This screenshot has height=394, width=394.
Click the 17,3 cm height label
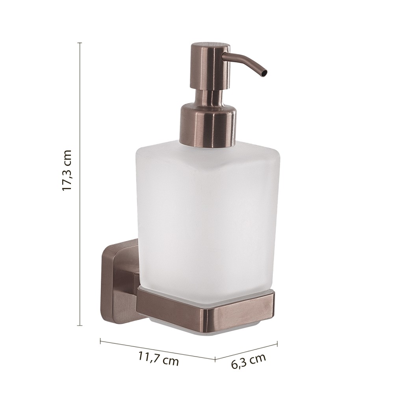pyautogui.click(x=67, y=170)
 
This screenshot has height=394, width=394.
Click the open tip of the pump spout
pyautogui.click(x=264, y=74)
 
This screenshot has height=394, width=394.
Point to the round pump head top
pyautogui.click(x=210, y=47)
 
